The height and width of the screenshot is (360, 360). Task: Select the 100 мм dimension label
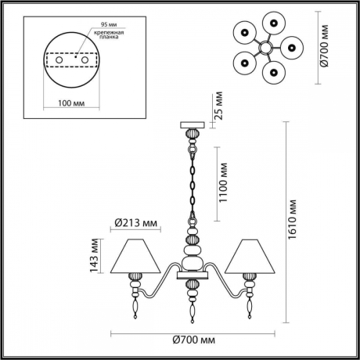point(71,103)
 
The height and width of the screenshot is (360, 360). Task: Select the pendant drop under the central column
point(190,305)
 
